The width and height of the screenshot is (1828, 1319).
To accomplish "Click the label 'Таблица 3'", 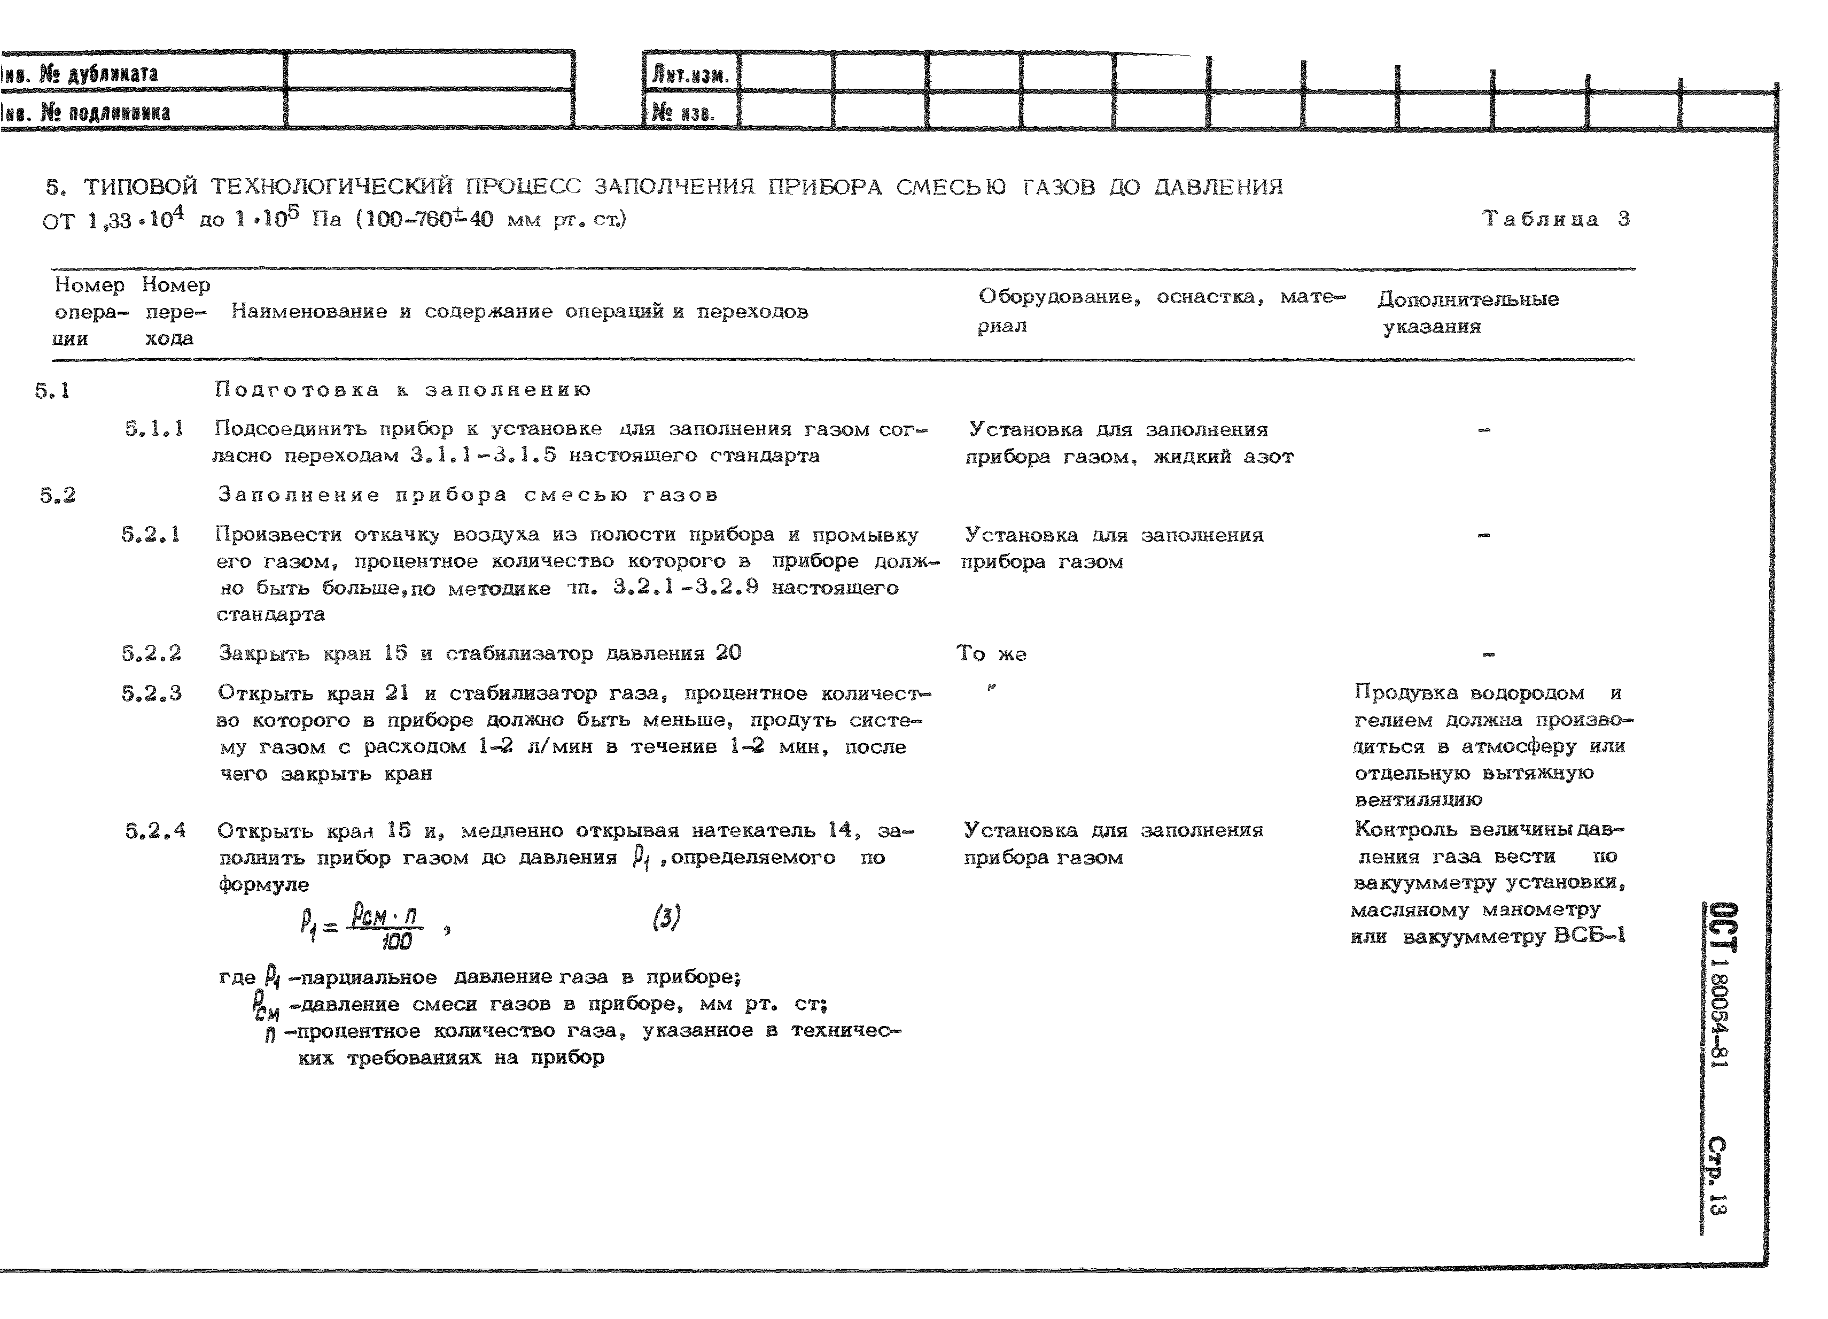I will click(1555, 219).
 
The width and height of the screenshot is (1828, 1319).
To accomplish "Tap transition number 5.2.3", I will click(152, 693).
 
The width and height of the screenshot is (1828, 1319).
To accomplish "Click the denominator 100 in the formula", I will click(396, 941).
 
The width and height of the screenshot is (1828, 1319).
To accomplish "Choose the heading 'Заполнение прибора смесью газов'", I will click(468, 495).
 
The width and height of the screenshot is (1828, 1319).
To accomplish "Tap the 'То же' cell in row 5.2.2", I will click(991, 654).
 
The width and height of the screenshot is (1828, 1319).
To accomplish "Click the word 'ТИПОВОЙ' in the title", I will click(141, 188).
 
